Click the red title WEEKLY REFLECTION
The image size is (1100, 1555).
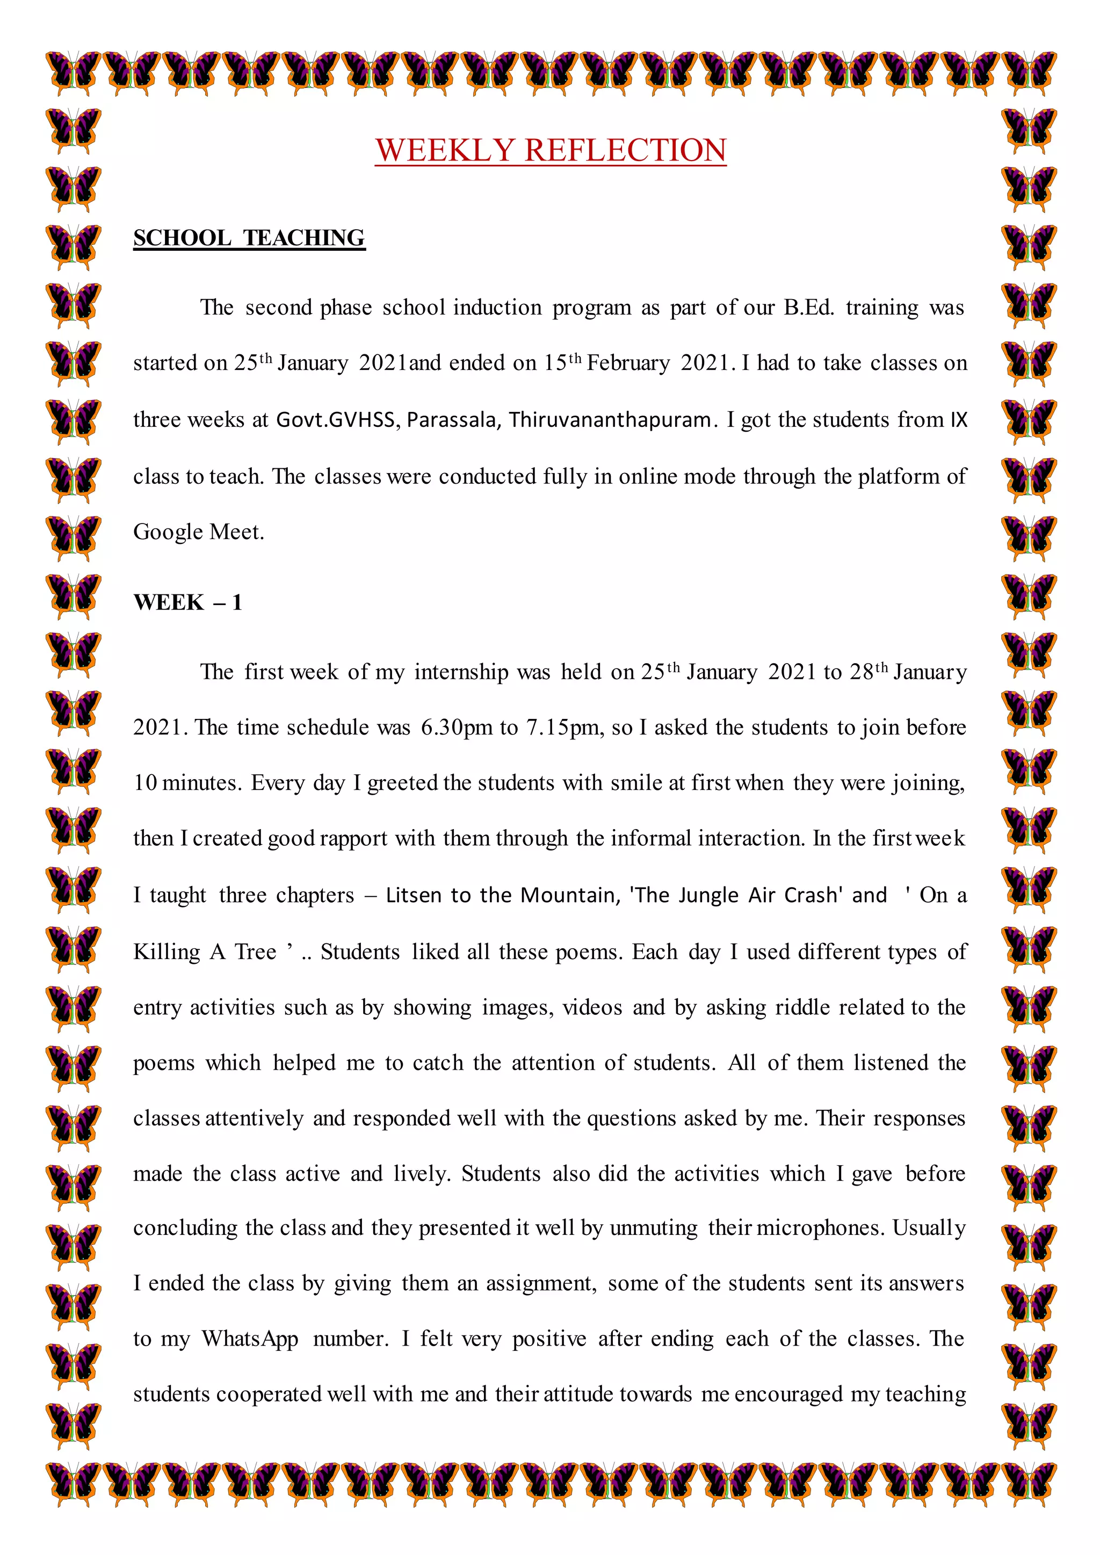551,150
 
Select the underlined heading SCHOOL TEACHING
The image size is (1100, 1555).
249,238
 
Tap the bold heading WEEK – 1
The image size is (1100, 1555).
187,602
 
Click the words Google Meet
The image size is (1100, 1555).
198,532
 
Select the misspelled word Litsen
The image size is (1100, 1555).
415,895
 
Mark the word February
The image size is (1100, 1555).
628,363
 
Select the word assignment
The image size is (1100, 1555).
540,1283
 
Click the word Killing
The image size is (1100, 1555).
167,951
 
